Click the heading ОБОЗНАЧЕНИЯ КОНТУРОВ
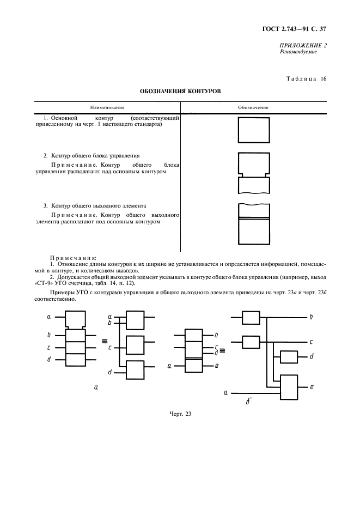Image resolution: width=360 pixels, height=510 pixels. pos(180,91)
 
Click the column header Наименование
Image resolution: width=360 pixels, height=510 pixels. pos(107,107)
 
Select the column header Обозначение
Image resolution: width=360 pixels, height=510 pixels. pos(253,107)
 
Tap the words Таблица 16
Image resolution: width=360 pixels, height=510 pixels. pos(307,78)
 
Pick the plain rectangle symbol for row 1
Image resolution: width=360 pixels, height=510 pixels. pos(254,129)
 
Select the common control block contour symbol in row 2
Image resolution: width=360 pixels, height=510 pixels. pos(254,173)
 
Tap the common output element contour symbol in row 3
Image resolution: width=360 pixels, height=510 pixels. pos(254,224)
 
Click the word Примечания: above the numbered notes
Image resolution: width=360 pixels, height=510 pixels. pos(73,257)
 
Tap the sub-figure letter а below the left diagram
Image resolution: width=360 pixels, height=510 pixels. pos(96,387)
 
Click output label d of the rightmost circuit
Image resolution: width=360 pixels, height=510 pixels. pos(311,356)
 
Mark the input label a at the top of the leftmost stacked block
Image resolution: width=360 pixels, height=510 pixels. pos(48,316)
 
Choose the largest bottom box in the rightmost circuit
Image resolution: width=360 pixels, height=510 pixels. pos(288,386)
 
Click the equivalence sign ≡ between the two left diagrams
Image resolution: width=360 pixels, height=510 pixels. pos(103,342)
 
